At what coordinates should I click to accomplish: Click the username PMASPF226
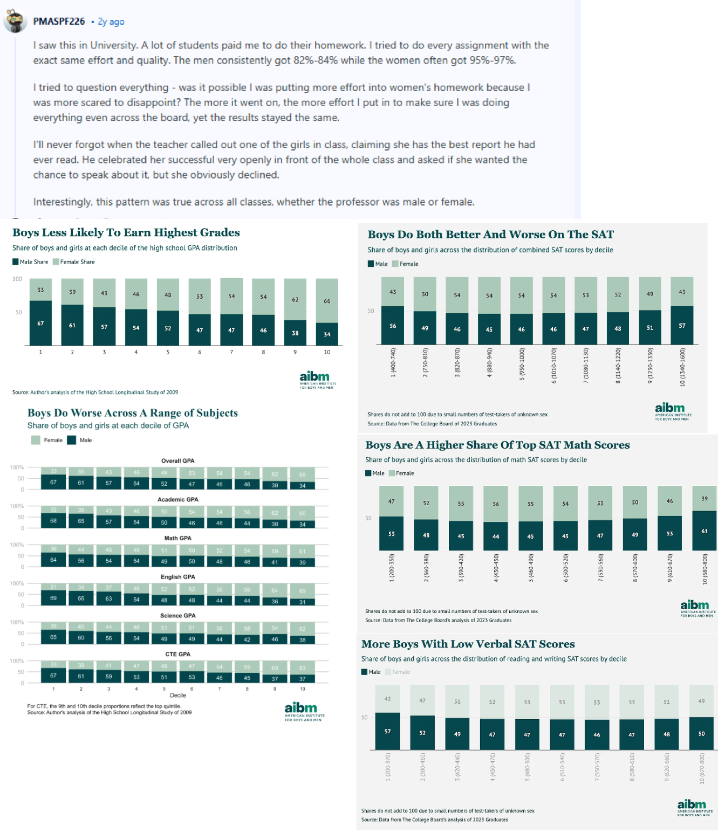[x=59, y=22]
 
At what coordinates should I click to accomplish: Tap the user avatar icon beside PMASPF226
[x=16, y=22]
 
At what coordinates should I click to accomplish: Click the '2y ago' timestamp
[x=111, y=22]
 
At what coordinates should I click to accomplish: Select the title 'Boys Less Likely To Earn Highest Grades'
[x=126, y=232]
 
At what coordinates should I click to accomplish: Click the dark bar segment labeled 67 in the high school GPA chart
[x=40, y=323]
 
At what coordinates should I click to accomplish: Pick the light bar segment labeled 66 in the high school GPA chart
[x=327, y=301]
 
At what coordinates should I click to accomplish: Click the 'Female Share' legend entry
[x=77, y=262]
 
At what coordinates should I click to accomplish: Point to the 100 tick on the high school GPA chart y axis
[x=17, y=279]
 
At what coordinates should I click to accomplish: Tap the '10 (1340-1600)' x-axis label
[x=682, y=367]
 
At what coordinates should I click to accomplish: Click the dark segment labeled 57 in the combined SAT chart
[x=682, y=326]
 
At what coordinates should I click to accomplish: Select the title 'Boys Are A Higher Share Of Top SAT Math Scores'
[x=497, y=445]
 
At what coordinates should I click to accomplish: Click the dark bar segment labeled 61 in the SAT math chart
[x=704, y=531]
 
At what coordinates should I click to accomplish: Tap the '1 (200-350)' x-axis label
[x=392, y=568]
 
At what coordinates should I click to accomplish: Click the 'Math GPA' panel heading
[x=177, y=538]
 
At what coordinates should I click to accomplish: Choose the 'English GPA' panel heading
[x=177, y=577]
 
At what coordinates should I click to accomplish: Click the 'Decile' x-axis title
[x=177, y=696]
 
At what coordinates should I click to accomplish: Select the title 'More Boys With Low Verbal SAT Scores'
[x=468, y=644]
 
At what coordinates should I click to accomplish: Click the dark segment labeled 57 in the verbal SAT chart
[x=387, y=731]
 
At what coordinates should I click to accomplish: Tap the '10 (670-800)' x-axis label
[x=702, y=768]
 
